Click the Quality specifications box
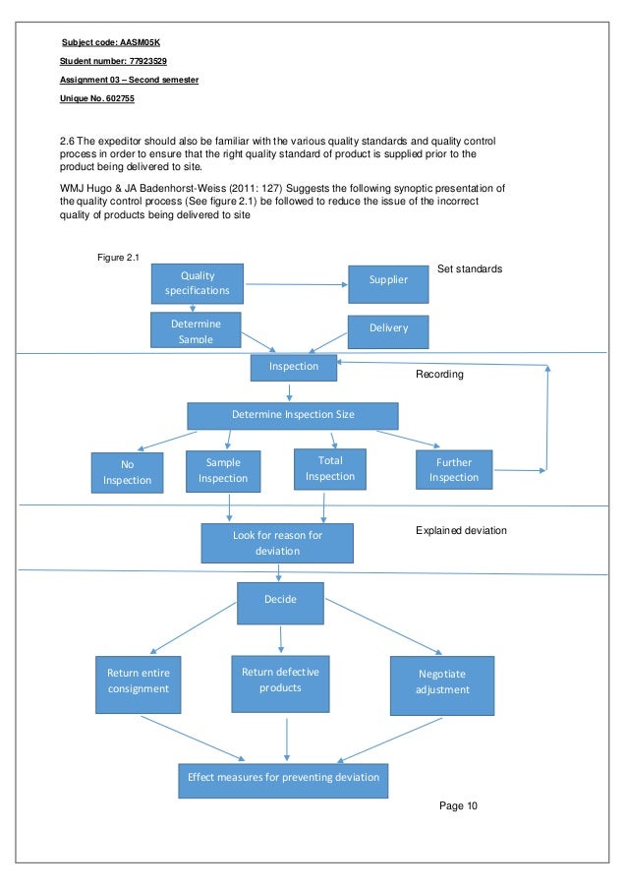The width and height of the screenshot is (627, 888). pyautogui.click(x=198, y=283)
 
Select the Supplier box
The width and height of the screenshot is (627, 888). pyautogui.click(x=388, y=281)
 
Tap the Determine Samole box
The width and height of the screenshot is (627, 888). pyautogui.click(x=196, y=330)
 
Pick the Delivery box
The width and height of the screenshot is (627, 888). pyautogui.click(x=388, y=329)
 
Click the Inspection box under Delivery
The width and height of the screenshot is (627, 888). pyautogui.click(x=294, y=367)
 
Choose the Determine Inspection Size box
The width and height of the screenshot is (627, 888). pyautogui.click(x=293, y=415)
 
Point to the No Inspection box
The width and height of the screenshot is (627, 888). pyautogui.click(x=127, y=472)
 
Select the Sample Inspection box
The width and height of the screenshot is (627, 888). pyautogui.click(x=223, y=470)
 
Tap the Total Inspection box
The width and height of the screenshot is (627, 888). pyautogui.click(x=330, y=468)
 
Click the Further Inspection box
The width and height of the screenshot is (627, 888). pyautogui.click(x=453, y=470)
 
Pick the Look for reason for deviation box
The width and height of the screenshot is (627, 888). pyautogui.click(x=277, y=543)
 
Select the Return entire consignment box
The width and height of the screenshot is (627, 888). pyautogui.click(x=138, y=681)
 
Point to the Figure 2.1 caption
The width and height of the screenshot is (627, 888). pyautogui.click(x=119, y=258)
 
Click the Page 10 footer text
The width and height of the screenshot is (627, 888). pyautogui.click(x=458, y=806)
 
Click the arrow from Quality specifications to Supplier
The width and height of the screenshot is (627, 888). pyautogui.click(x=296, y=285)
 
